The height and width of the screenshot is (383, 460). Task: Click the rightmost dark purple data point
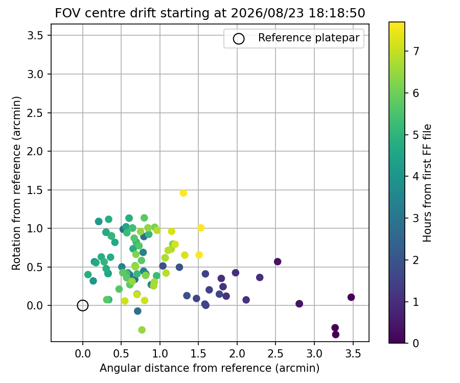(x=351, y=297)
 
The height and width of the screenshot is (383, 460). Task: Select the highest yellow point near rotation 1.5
(x=183, y=193)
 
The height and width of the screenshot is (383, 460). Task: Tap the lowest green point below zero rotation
(x=142, y=330)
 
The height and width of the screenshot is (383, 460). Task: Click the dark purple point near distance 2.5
(x=278, y=261)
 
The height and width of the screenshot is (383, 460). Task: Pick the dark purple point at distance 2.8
(x=299, y=303)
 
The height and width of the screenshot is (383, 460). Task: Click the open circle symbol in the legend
(x=239, y=39)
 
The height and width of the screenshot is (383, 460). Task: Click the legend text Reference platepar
(x=309, y=38)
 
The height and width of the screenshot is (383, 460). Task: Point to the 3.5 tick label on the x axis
(x=353, y=354)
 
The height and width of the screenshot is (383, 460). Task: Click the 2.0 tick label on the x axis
(x=237, y=354)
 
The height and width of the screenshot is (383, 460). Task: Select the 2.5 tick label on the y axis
(x=35, y=113)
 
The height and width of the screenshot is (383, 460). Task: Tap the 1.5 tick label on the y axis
(x=35, y=190)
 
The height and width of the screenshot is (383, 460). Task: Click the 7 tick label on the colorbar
(x=416, y=51)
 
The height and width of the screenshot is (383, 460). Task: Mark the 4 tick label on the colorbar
(x=416, y=176)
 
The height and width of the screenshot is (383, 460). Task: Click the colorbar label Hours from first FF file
(x=427, y=183)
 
